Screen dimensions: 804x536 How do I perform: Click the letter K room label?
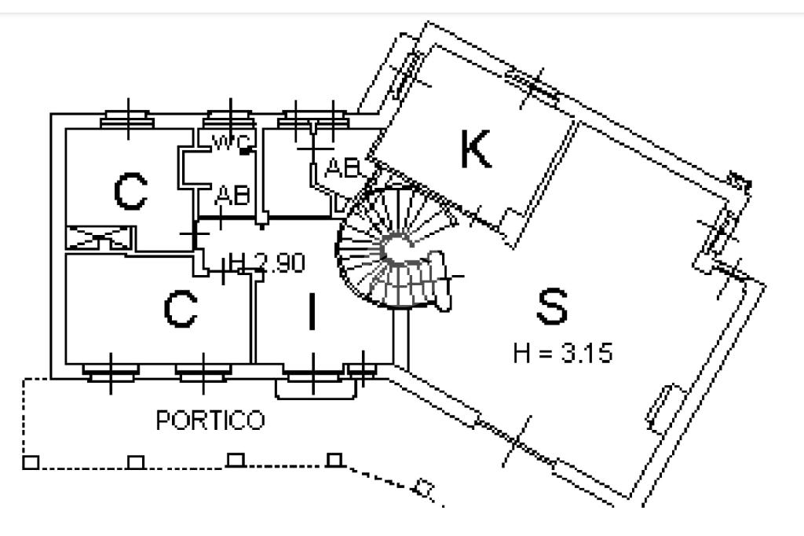(x=476, y=149)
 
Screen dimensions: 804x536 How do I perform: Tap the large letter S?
(x=552, y=307)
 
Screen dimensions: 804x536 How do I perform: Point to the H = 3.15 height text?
(x=562, y=353)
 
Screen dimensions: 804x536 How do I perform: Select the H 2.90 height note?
(x=267, y=262)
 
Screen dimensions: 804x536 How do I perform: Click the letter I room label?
(x=312, y=310)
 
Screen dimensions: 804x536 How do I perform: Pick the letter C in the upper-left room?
(x=130, y=192)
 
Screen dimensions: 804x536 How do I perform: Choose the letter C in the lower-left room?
(x=181, y=309)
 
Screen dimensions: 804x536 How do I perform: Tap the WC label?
(x=231, y=142)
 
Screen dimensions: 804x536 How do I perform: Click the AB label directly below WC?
(x=233, y=196)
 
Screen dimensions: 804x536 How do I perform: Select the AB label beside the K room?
(x=342, y=167)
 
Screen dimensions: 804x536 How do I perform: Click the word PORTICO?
(x=210, y=420)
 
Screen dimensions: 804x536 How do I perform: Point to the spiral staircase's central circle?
(x=397, y=248)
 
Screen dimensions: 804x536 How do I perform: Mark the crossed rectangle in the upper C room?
(x=100, y=238)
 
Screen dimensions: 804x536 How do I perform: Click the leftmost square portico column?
(x=31, y=463)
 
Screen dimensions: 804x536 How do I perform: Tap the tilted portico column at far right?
(x=424, y=487)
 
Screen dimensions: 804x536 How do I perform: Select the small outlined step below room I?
(x=316, y=389)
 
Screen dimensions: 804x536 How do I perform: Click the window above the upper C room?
(x=128, y=120)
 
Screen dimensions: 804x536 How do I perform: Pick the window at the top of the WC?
(x=229, y=120)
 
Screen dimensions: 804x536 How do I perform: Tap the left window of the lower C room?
(x=111, y=373)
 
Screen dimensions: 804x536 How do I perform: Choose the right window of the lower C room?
(x=203, y=373)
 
